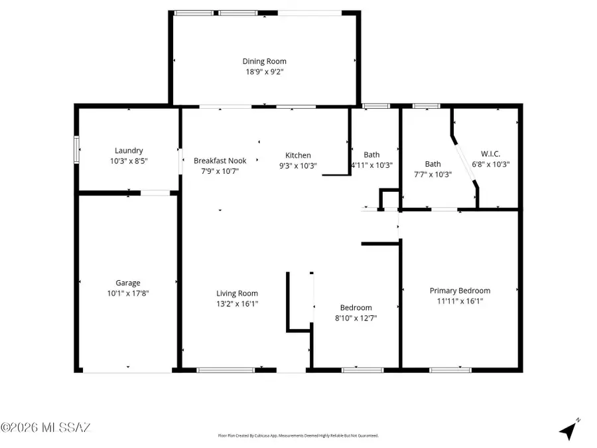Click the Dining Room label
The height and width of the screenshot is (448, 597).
point(264,62)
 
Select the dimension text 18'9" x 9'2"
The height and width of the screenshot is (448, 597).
point(264,72)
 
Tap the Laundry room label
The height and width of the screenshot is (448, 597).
point(129,151)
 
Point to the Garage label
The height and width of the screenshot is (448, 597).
point(128,283)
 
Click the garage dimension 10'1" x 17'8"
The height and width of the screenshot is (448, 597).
point(128,293)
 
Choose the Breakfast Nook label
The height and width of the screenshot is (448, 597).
point(220,161)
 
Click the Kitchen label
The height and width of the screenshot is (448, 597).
point(298,155)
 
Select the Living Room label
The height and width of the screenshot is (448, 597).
point(237,293)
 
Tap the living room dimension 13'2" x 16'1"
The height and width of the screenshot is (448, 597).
point(237,303)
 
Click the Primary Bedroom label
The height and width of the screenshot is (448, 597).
point(460,291)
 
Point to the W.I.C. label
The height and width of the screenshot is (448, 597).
point(490,154)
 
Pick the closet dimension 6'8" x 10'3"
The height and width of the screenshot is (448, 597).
point(490,165)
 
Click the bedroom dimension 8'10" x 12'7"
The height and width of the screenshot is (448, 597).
point(356,318)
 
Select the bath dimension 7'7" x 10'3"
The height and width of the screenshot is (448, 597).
point(432,175)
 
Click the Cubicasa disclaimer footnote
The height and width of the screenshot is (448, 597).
point(298,436)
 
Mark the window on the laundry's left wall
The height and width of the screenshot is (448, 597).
point(76,151)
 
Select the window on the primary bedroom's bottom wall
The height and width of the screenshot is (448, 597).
point(450,370)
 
